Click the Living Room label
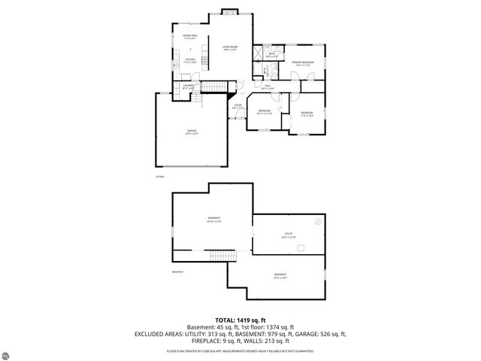230,49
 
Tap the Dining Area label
190,36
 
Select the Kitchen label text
190,61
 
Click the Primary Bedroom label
303,64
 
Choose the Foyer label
237,106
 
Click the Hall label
267,86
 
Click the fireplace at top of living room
231,13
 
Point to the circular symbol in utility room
318,222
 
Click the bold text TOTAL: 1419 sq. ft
240,320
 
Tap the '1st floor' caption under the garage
159,176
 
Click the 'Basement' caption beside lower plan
177,272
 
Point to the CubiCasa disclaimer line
240,350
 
